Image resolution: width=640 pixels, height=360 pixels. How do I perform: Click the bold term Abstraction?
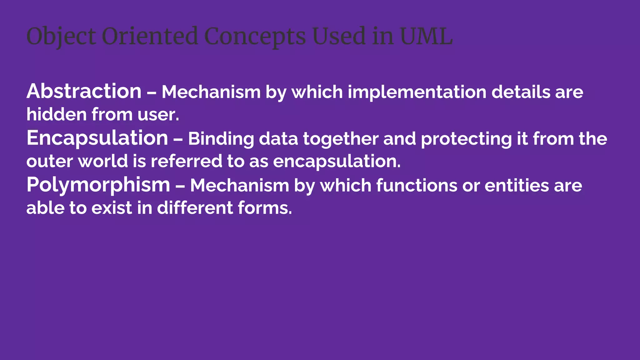coord(84,91)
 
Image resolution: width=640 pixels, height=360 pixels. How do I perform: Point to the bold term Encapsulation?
coord(97,138)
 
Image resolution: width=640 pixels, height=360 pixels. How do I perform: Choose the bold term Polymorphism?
coord(98,185)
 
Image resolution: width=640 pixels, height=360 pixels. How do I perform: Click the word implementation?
coord(417,92)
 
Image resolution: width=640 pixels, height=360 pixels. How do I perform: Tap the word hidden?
coord(57,114)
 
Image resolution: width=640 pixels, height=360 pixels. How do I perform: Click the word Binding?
coord(221,139)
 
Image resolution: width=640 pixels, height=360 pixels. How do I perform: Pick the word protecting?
coord(466,139)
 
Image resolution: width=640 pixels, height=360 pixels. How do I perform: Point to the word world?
coord(103,161)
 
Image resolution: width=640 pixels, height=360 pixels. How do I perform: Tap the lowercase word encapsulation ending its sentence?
coord(337,161)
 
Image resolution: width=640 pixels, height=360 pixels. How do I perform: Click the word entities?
coord(517,186)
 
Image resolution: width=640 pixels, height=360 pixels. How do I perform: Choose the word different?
coord(195,208)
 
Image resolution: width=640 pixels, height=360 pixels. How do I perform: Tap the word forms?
coord(265,208)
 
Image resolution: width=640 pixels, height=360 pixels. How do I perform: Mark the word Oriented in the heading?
coord(150,36)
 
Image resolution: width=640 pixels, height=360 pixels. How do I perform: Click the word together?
coord(341,139)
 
